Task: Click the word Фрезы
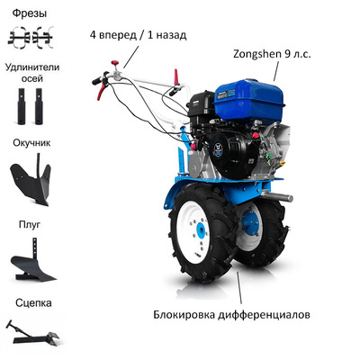30,13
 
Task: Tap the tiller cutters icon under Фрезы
31,38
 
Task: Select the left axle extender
22,106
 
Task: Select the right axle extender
39,106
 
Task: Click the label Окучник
31,143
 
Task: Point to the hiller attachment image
31,180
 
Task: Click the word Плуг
30,224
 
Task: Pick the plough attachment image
31,261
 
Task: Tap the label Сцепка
33,303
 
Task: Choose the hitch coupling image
32,332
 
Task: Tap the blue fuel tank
249,97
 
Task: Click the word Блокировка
184,315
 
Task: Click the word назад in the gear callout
171,35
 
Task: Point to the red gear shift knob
114,63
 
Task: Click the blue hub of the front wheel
201,230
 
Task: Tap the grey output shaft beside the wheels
277,196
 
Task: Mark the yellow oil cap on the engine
283,163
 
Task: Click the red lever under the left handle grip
102,90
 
